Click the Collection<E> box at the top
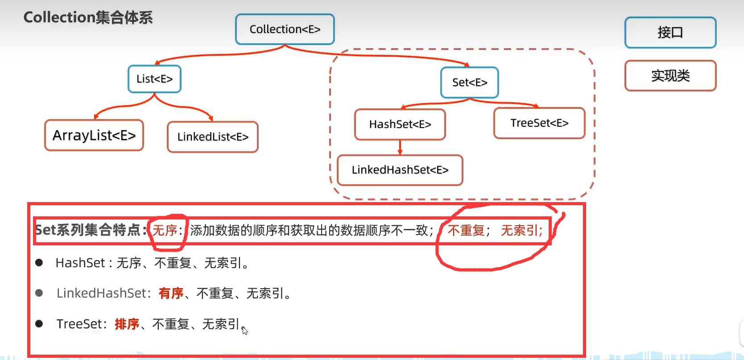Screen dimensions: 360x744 pyautogui.click(x=285, y=29)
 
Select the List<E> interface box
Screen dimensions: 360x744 pyautogui.click(x=154, y=79)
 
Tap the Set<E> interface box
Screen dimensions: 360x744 pyautogui.click(x=469, y=83)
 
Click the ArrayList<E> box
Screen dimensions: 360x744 pyautogui.click(x=94, y=135)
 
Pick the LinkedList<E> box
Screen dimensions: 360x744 pyautogui.click(x=213, y=137)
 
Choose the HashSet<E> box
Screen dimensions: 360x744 pyautogui.click(x=400, y=124)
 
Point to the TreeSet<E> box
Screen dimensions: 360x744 pyautogui.click(x=539, y=123)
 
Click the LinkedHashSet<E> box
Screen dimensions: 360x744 pyautogui.click(x=400, y=170)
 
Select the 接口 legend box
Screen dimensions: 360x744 pyautogui.click(x=670, y=33)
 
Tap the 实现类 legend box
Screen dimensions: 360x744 pyautogui.click(x=670, y=76)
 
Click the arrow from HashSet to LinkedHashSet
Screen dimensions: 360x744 pyautogui.click(x=400, y=147)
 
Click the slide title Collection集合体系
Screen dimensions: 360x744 pyautogui.click(x=88, y=17)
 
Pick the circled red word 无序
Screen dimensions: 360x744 pyautogui.click(x=165, y=230)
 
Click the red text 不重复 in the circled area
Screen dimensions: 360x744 pyautogui.click(x=466, y=230)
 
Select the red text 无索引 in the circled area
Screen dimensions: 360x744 pyautogui.click(x=520, y=230)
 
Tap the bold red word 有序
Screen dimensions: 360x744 pyautogui.click(x=171, y=293)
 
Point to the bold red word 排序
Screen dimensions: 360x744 pyautogui.click(x=127, y=324)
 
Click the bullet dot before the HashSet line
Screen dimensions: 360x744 pyautogui.click(x=39, y=263)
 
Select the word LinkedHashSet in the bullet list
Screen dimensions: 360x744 pyautogui.click(x=102, y=293)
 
